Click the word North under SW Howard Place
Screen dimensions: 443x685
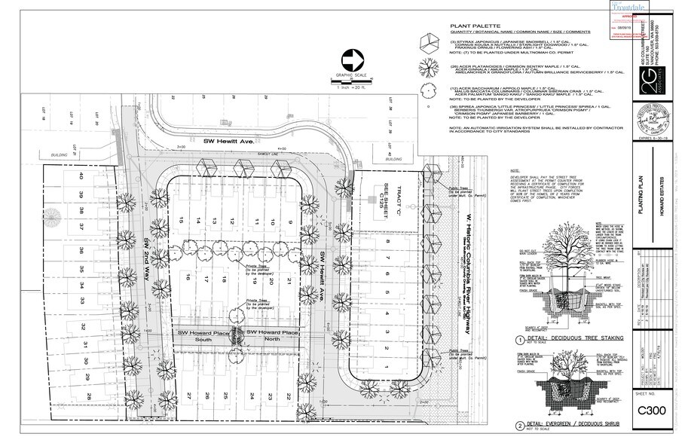(272, 341)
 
